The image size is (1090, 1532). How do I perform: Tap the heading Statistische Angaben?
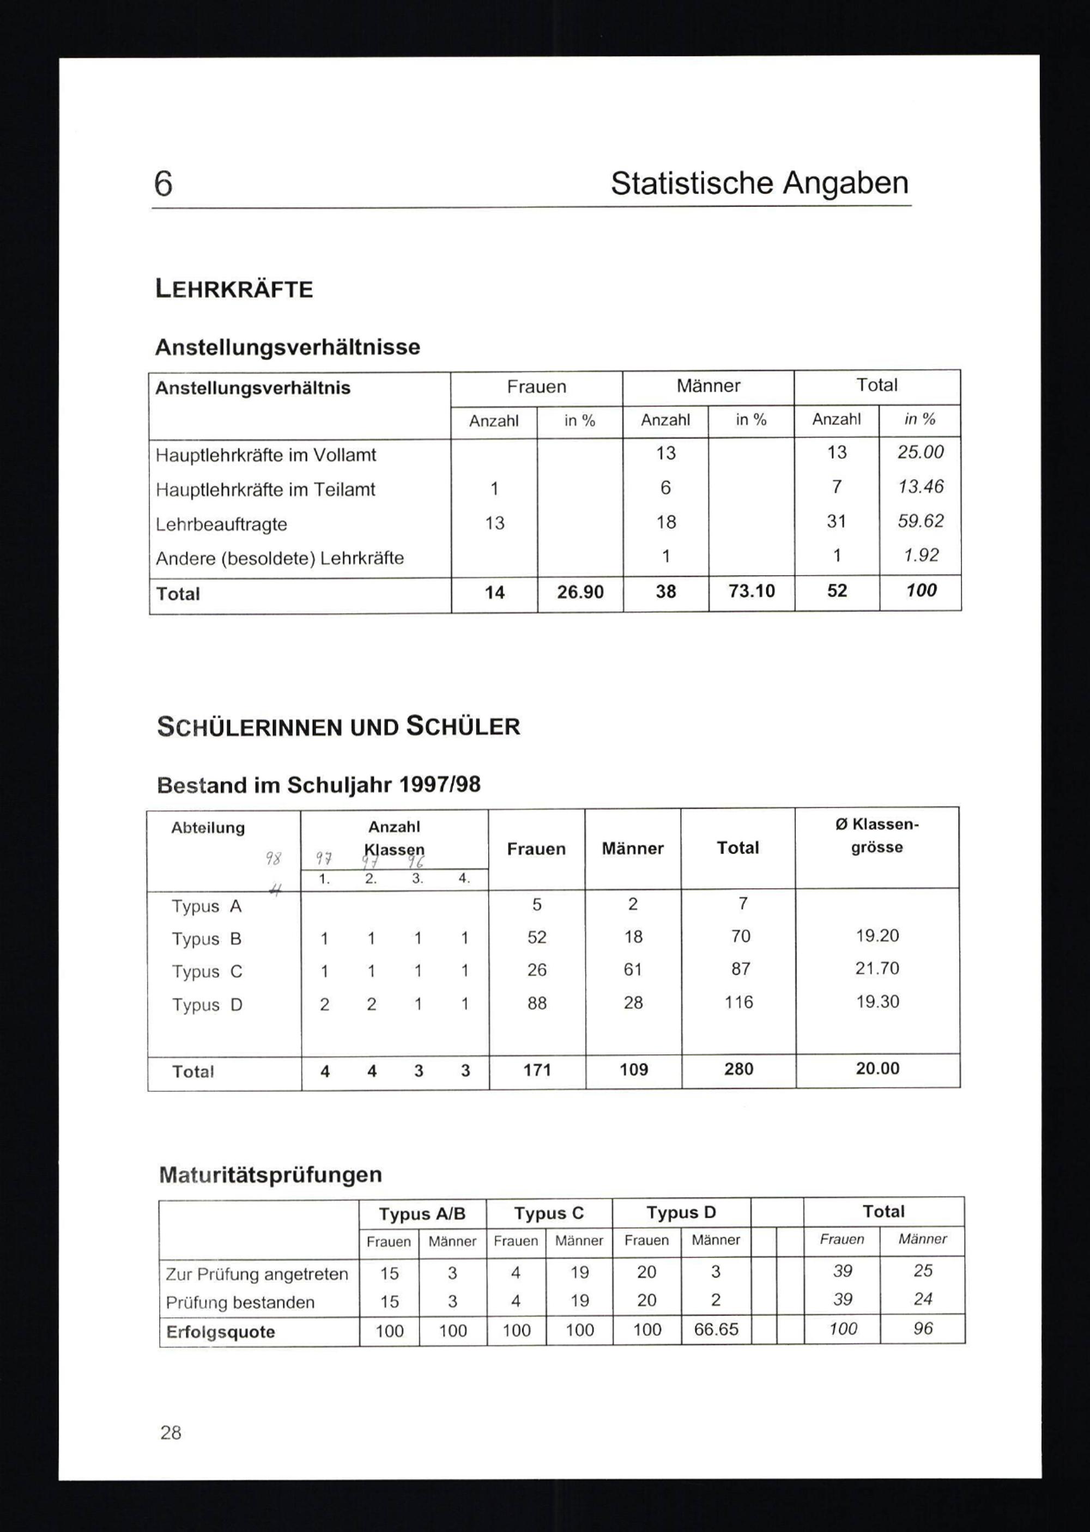pyautogui.click(x=759, y=183)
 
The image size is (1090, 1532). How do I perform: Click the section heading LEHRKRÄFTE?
pyautogui.click(x=234, y=289)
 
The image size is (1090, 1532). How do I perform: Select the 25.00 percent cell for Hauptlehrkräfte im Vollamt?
pyautogui.click(x=920, y=452)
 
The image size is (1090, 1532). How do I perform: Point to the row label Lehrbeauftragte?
pyautogui.click(x=221, y=524)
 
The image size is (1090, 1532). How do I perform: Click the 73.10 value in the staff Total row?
pyautogui.click(x=751, y=591)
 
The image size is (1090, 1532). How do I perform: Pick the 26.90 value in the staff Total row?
pyautogui.click(x=580, y=593)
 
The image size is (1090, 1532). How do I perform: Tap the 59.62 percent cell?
pyautogui.click(x=920, y=521)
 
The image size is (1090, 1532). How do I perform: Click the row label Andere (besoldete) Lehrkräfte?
pyautogui.click(x=280, y=558)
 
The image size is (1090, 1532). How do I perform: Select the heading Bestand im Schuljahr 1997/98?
pyautogui.click(x=318, y=785)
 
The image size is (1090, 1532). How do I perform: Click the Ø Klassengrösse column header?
pyautogui.click(x=876, y=836)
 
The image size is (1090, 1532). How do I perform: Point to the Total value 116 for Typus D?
pyautogui.click(x=738, y=1002)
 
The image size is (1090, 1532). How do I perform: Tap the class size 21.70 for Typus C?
pyautogui.click(x=876, y=968)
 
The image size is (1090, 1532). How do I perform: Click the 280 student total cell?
pyautogui.click(x=738, y=1069)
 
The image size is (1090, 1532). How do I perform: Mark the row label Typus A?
pyautogui.click(x=206, y=906)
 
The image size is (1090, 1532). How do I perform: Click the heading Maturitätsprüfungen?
pyautogui.click(x=270, y=1175)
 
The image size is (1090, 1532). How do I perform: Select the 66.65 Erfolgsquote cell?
pyautogui.click(x=716, y=1329)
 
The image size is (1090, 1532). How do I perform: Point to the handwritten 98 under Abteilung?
pyautogui.click(x=273, y=858)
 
